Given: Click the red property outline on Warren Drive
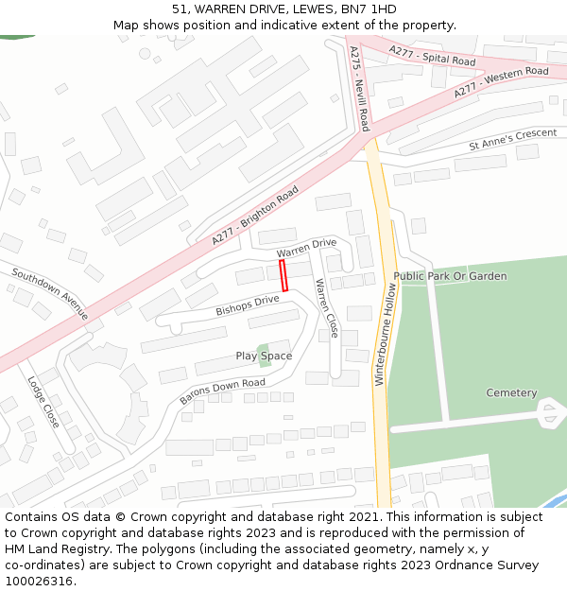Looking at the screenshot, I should [x=283, y=276].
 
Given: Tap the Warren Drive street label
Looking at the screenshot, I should [x=306, y=249].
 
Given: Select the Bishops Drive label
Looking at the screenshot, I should [x=248, y=305].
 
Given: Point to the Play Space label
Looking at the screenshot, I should [x=264, y=356].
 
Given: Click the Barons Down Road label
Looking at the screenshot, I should [x=222, y=392].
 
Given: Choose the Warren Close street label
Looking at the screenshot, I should [x=327, y=308].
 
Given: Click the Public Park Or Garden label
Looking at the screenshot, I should [x=450, y=276].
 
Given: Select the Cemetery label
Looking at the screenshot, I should [x=511, y=392].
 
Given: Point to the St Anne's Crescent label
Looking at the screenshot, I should [x=512, y=139].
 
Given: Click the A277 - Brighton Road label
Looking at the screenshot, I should [x=255, y=217].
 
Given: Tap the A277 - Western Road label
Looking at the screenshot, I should [x=500, y=82].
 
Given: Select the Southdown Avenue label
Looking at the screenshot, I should [x=50, y=293].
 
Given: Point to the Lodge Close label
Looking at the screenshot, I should [x=43, y=402].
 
